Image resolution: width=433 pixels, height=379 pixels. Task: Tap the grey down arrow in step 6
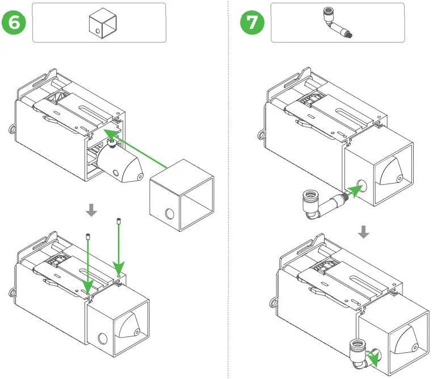[x=91, y=210]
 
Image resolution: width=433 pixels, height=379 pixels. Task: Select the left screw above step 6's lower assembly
[x=89, y=237]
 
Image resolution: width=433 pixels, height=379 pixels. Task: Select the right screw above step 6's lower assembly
[x=119, y=221]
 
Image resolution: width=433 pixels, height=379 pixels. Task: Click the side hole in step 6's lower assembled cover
[x=103, y=339]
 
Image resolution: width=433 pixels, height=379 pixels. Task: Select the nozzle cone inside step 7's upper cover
[x=392, y=170]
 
